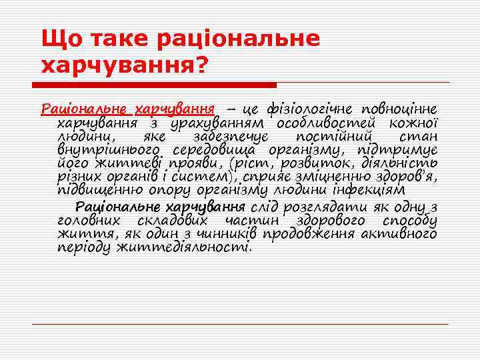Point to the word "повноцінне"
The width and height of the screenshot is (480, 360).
click(399, 109)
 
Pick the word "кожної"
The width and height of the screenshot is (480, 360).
click(414, 123)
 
